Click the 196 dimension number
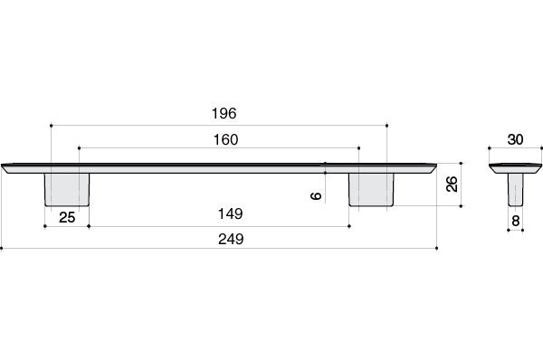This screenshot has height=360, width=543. [224, 114]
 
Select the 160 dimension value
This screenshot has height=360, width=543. [225, 140]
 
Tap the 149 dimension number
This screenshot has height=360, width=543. [230, 214]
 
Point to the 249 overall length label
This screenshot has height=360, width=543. [231, 239]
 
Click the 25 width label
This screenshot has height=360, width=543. [67, 218]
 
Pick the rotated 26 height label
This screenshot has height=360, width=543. [452, 184]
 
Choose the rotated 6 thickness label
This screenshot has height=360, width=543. [316, 196]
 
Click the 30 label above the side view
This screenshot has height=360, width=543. [515, 140]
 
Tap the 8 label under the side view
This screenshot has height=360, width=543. [516, 221]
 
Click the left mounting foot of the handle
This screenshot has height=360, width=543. [67, 190]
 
